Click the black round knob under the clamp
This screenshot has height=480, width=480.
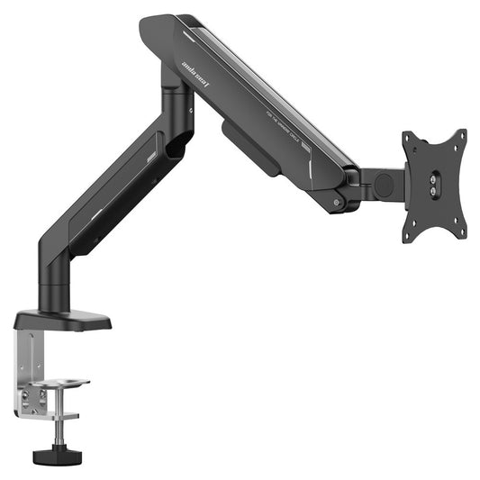tap(52, 456)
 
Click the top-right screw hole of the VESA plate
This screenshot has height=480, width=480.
tap(459, 137)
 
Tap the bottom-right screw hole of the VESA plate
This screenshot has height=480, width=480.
tap(460, 233)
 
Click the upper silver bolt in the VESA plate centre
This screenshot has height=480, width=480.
tap(435, 178)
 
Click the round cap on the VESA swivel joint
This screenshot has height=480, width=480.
tap(385, 184)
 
